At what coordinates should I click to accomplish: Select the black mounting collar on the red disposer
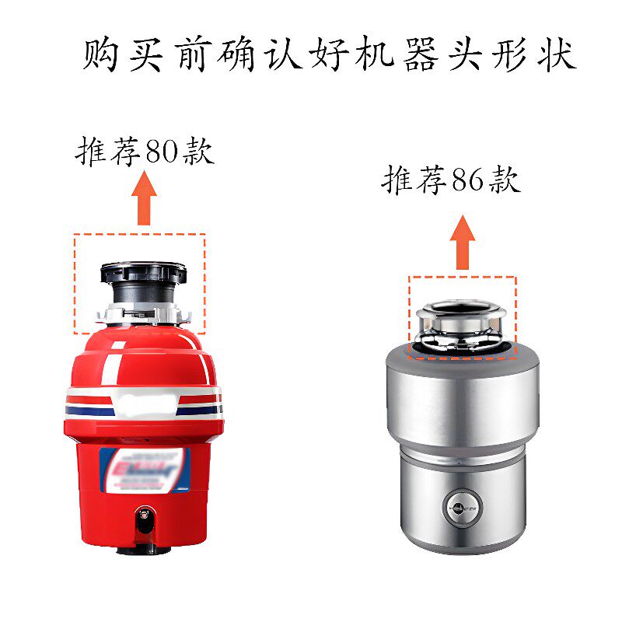click(x=143, y=274)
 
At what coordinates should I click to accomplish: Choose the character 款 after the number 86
click(x=504, y=181)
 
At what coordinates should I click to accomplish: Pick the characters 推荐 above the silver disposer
click(x=414, y=181)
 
